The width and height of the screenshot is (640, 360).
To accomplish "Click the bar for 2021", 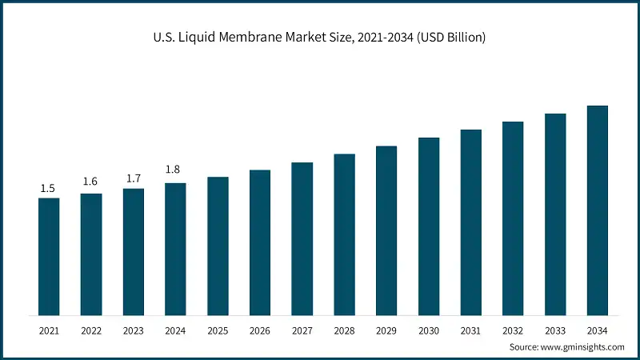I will [x=49, y=256].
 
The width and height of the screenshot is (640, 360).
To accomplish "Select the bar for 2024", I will [x=175, y=249].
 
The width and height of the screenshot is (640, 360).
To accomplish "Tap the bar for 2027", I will [x=302, y=238].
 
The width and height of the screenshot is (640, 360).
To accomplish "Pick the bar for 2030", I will [x=429, y=226].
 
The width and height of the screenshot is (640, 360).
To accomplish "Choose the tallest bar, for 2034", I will [x=598, y=210].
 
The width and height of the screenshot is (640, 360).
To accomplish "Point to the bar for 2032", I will [x=513, y=218].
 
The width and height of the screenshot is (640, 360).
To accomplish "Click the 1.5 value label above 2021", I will [x=48, y=188].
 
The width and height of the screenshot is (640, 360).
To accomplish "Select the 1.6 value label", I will [x=90, y=182].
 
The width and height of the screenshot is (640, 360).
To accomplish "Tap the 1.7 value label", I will [x=133, y=178].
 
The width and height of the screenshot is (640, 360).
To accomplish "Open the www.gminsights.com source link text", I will [x=584, y=346].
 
